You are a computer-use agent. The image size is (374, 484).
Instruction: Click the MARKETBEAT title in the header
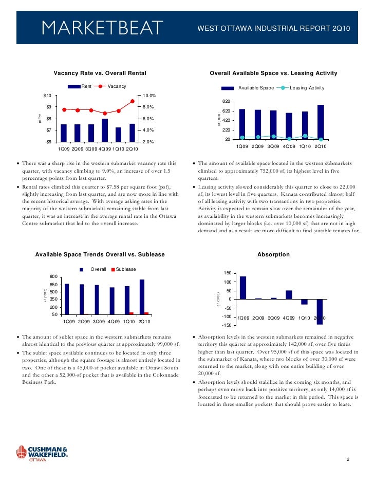click(102, 27)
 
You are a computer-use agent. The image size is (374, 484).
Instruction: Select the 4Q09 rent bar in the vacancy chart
click(105, 130)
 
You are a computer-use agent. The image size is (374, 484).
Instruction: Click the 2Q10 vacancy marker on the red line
click(133, 101)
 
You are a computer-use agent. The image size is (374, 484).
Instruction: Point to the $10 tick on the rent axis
click(47, 96)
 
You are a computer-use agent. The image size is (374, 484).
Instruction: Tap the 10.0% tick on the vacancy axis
click(149, 96)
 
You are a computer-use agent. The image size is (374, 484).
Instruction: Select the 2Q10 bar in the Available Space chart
click(321, 122)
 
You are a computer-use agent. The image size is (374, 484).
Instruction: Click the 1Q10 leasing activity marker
click(305, 136)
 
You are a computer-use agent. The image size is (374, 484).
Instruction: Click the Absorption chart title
click(273, 254)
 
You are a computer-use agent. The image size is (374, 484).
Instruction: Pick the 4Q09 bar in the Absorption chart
click(289, 295)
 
